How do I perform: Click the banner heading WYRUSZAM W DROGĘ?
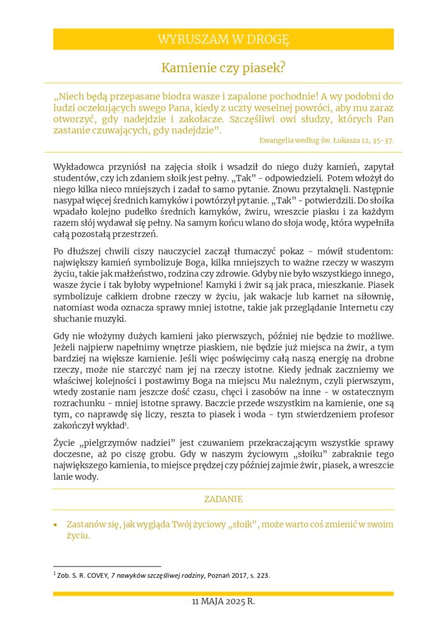coord(223,40)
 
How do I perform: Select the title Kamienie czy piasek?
coord(223,68)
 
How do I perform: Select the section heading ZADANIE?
coord(223,499)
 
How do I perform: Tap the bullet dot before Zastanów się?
coord(56,524)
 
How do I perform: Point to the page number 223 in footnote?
coord(262,576)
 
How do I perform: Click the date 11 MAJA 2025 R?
coord(223,601)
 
